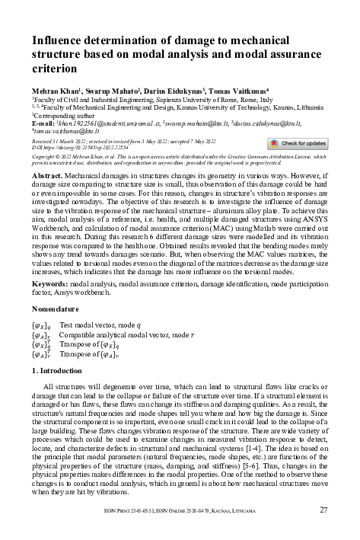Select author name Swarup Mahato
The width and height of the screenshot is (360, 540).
coord(109,90)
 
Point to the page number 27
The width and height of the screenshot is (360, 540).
coord(323,510)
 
